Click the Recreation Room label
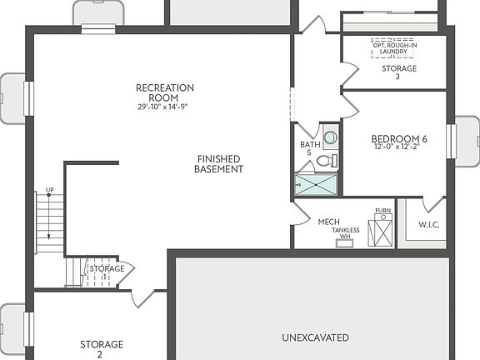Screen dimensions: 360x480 click(165, 92)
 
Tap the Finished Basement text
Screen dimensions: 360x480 click(218, 163)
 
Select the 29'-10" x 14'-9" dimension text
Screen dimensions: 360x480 click(165, 107)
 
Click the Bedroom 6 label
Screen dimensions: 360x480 click(400, 138)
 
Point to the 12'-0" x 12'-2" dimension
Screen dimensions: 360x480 click(400, 148)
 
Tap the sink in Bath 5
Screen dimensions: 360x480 click(330, 137)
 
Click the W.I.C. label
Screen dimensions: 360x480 click(428, 225)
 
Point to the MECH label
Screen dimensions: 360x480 click(328, 222)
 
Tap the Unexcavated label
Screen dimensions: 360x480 click(315, 337)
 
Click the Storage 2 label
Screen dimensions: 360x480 click(101, 349)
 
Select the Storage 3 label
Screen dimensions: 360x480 click(398, 72)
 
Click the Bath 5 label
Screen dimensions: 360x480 click(309, 148)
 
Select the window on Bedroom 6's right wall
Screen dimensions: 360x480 click(452, 141)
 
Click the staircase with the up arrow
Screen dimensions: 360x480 click(50, 223)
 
